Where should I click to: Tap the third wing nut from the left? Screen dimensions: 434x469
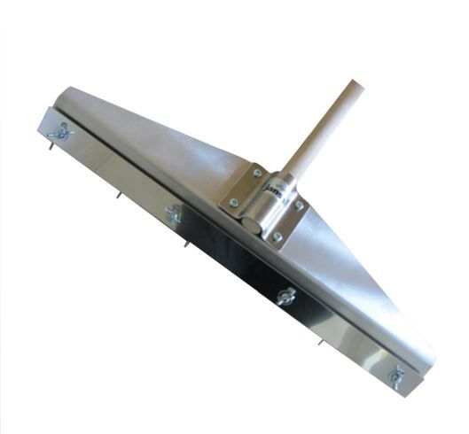(x=285, y=297)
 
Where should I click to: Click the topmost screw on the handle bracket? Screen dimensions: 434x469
(x=256, y=173)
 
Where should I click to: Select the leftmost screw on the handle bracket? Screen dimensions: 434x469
(x=231, y=204)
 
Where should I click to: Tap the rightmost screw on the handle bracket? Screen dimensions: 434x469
(x=301, y=205)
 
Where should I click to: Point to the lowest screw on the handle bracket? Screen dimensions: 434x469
(x=277, y=236)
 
